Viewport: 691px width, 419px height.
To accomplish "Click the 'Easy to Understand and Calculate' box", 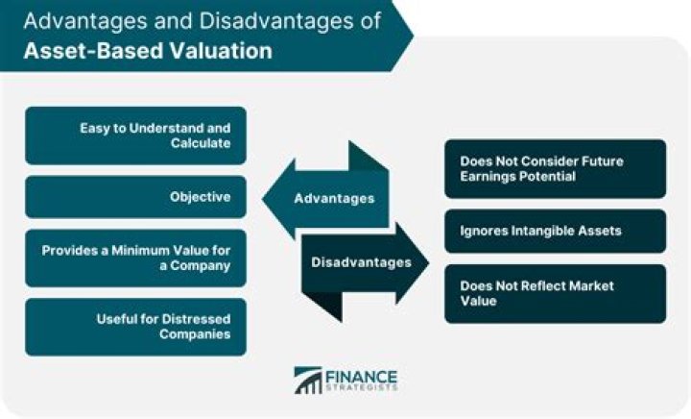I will (135, 136).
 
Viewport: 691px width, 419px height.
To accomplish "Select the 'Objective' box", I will (135, 196).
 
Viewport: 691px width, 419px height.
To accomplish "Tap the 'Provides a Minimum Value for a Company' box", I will (135, 258).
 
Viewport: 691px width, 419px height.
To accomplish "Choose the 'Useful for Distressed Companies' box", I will (135, 327).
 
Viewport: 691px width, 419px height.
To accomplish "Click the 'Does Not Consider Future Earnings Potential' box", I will (555, 169).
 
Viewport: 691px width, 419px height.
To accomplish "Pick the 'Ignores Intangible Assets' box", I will (555, 231).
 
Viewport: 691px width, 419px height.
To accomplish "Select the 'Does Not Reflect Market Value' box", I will (555, 293).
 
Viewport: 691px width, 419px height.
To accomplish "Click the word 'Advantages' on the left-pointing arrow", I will (332, 199).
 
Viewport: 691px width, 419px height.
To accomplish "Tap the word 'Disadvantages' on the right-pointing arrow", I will (361, 261).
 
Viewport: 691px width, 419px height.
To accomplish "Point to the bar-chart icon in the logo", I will (308, 380).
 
